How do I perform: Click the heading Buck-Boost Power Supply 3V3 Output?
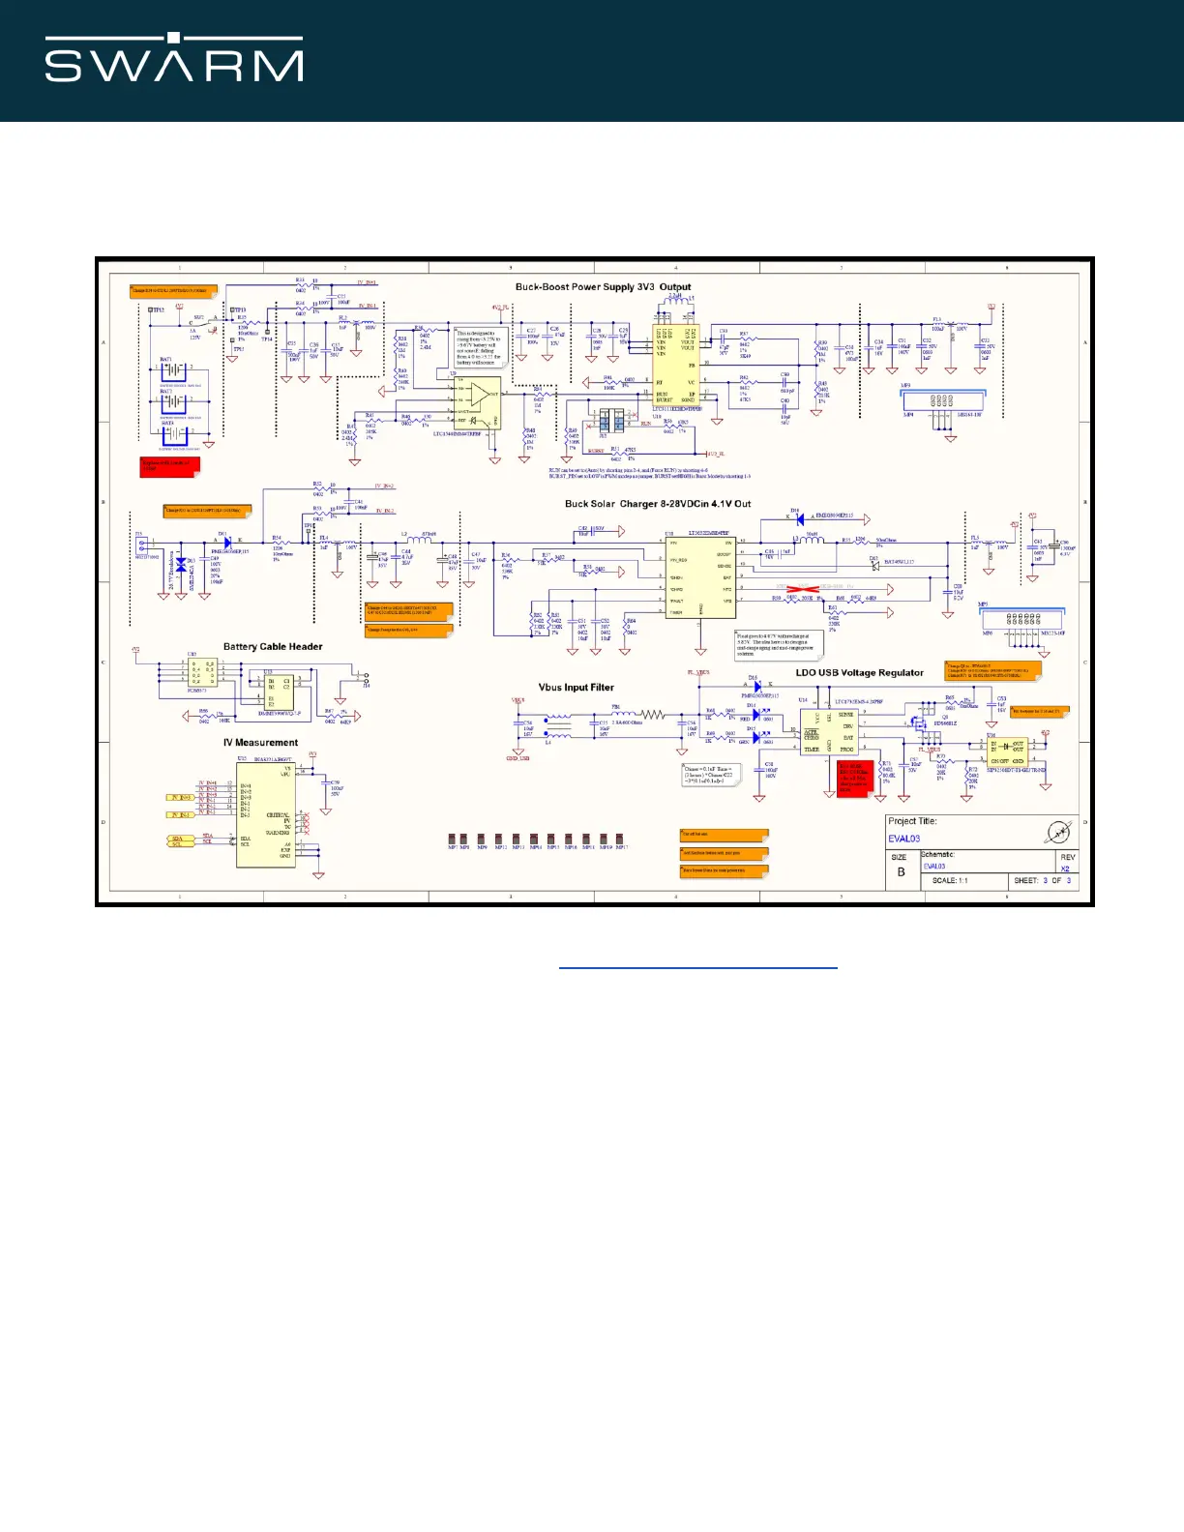603,287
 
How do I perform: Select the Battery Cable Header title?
273,647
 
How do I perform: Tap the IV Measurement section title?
260,743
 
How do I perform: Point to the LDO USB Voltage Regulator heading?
859,673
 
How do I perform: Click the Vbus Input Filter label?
576,688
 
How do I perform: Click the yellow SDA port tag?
178,839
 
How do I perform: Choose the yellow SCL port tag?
178,845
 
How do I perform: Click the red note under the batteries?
168,466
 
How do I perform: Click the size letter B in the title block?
901,871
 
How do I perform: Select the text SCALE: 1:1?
950,881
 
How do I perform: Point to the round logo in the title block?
1059,831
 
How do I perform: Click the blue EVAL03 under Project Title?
903,840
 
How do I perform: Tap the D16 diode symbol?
757,686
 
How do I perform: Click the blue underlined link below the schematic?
697,966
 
